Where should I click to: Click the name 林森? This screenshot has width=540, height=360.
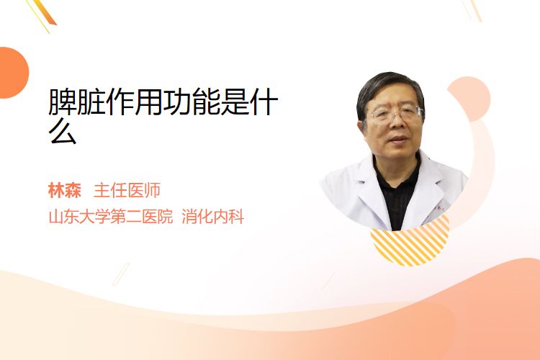point(65,191)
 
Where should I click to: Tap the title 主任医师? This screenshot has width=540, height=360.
point(127,191)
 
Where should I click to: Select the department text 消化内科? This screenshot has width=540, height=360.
point(213,217)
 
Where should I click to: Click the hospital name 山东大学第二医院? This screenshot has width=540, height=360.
point(111,217)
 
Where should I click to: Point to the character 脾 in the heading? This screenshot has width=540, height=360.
point(63,102)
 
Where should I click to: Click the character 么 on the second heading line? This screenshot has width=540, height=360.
point(63,131)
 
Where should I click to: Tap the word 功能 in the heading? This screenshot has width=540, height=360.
point(192,102)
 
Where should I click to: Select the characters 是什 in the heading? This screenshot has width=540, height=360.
point(249,102)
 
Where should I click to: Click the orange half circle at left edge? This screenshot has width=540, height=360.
point(14,73)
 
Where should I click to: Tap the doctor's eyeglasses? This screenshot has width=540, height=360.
point(396,113)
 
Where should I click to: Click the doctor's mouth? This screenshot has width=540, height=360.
point(398,140)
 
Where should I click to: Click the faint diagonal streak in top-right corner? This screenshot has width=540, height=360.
point(473,9)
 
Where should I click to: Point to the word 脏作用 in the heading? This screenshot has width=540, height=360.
point(120,102)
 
